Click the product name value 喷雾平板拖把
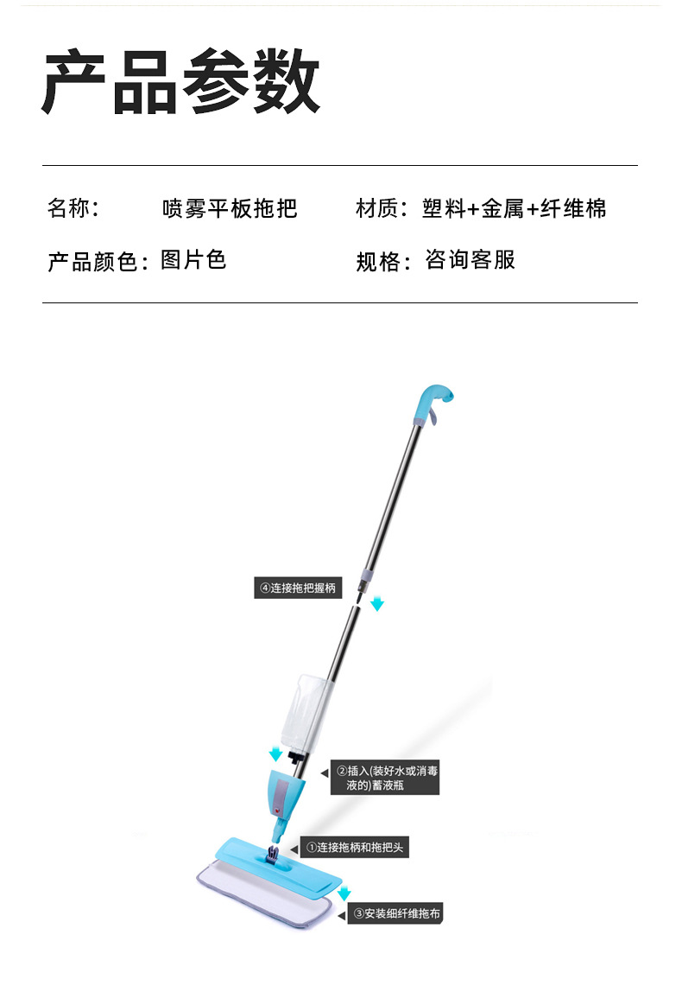[x=230, y=208]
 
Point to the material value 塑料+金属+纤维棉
[x=515, y=208]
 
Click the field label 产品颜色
[x=92, y=261]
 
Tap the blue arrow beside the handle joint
[x=377, y=603]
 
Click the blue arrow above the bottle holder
[x=274, y=754]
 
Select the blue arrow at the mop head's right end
[x=344, y=893]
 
